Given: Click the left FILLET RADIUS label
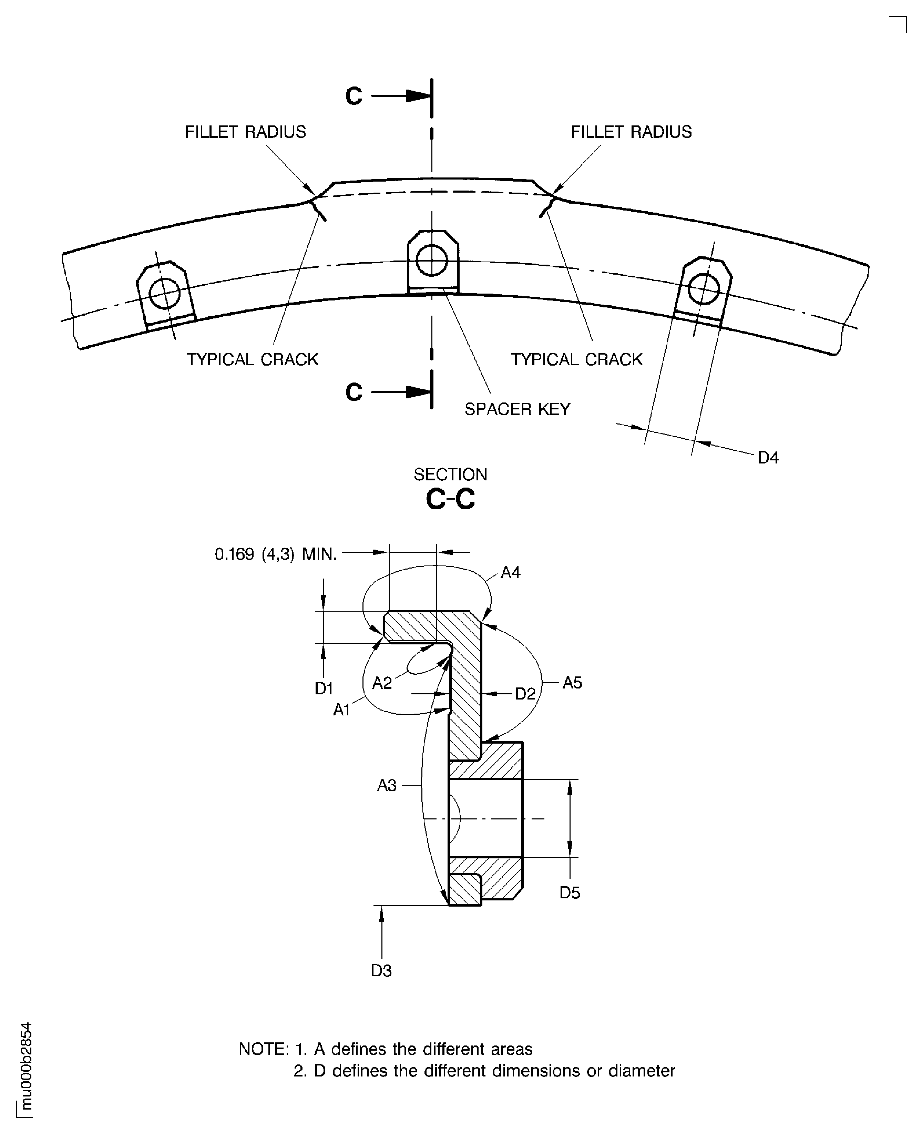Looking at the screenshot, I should [245, 132].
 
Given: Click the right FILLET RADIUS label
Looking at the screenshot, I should [631, 132].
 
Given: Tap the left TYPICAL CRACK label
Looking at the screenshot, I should [252, 360].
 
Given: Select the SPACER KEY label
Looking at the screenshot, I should [517, 409].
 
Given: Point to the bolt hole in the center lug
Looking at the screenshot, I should [432, 260].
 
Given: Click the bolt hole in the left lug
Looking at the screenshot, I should [165, 294].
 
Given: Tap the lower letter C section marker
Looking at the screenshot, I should [353, 392].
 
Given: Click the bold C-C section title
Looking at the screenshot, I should [450, 499].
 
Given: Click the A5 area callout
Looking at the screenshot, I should [572, 683].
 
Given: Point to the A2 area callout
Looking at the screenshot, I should [382, 683].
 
